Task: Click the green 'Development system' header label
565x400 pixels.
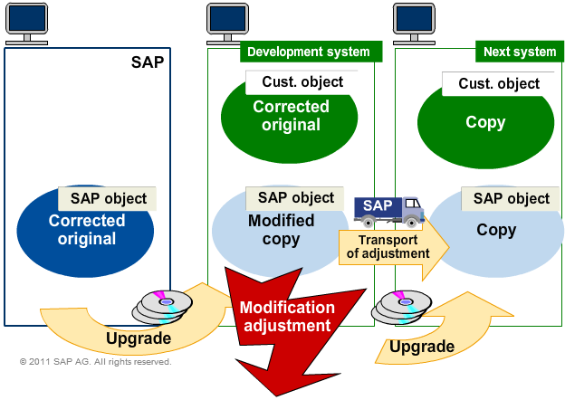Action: pos(309,52)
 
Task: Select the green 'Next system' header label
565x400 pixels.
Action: pos(519,52)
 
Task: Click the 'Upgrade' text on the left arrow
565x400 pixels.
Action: pos(138,338)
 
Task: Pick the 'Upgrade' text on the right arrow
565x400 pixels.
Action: pos(422,346)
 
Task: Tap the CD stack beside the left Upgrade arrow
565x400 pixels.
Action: pos(162,303)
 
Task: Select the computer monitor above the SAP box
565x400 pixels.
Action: pos(27,22)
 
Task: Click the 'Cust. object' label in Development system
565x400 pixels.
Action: pos(302,82)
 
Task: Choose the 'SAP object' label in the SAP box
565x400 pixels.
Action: pos(108,198)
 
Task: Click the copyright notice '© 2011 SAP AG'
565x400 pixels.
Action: pos(95,362)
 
